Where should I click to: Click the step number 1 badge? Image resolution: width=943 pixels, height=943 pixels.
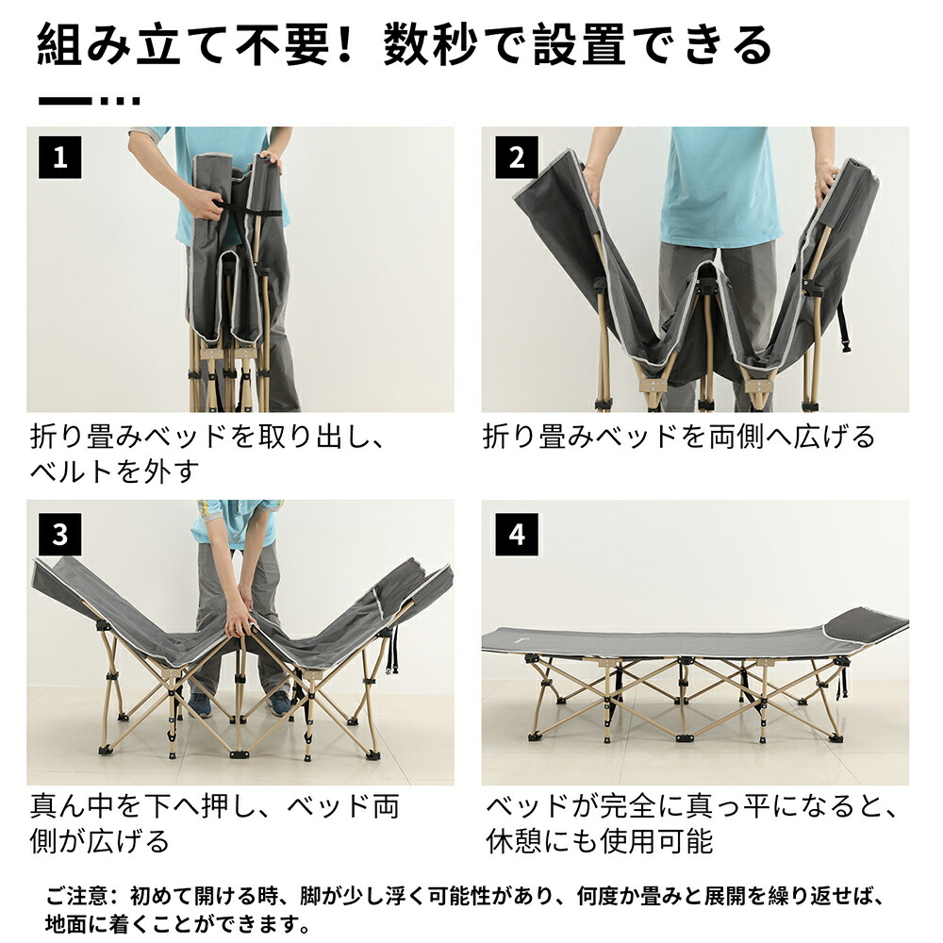[60, 158]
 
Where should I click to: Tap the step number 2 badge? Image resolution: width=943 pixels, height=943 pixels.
[517, 158]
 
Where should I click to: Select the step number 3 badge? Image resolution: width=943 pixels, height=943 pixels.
[60, 535]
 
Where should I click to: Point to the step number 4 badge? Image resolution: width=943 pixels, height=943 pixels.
[517, 535]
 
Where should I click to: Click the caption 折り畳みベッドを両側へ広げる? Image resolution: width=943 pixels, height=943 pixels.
[679, 437]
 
